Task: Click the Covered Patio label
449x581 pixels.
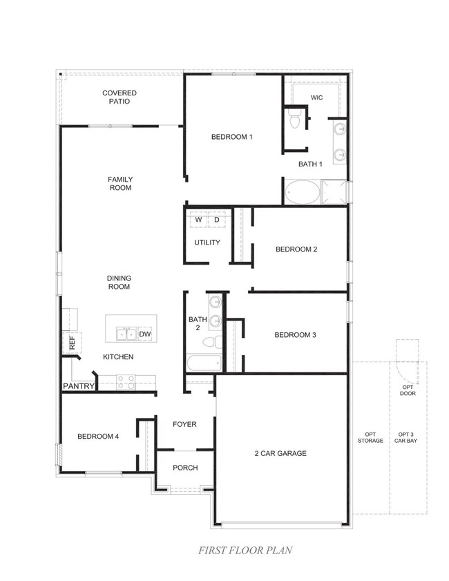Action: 120,97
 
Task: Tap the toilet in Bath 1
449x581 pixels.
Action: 295,119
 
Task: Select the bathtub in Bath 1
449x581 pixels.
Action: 303,192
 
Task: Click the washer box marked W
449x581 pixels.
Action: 198,220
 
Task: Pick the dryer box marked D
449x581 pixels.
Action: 217,220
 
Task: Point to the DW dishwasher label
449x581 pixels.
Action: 145,334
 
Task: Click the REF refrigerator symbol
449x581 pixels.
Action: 72,343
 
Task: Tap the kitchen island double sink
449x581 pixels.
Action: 126,334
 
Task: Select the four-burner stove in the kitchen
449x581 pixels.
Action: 126,383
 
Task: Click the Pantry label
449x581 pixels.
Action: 79,386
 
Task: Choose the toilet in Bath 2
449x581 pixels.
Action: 213,342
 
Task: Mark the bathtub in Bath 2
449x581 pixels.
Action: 204,363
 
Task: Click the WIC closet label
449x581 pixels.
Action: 316,98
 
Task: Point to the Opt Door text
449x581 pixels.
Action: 408,390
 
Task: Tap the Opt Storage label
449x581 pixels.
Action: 370,437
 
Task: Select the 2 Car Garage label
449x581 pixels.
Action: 280,453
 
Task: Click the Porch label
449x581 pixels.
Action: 185,468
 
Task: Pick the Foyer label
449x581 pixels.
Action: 184,424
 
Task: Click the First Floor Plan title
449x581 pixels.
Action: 245,550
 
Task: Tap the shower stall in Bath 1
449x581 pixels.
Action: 334,192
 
